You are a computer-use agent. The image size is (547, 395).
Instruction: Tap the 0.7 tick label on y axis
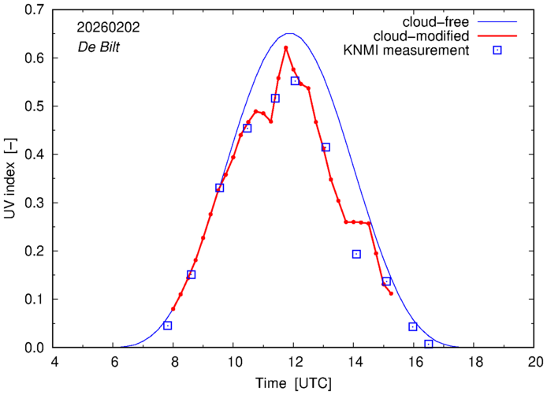click(x=34, y=10)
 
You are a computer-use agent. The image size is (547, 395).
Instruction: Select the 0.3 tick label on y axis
click(x=34, y=203)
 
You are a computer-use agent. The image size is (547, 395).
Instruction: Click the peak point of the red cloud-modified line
click(x=286, y=48)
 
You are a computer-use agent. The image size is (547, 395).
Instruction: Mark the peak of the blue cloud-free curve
click(x=290, y=34)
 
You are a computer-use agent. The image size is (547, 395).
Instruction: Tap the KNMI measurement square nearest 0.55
click(x=295, y=81)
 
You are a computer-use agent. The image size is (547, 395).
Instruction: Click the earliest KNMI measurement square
click(x=167, y=326)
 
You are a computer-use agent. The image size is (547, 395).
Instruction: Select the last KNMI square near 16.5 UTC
click(x=429, y=344)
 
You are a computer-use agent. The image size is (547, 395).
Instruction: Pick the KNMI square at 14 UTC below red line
click(x=356, y=254)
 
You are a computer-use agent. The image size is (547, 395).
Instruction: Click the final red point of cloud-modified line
click(x=391, y=293)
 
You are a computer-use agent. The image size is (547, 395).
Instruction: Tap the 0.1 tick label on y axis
click(x=34, y=300)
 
